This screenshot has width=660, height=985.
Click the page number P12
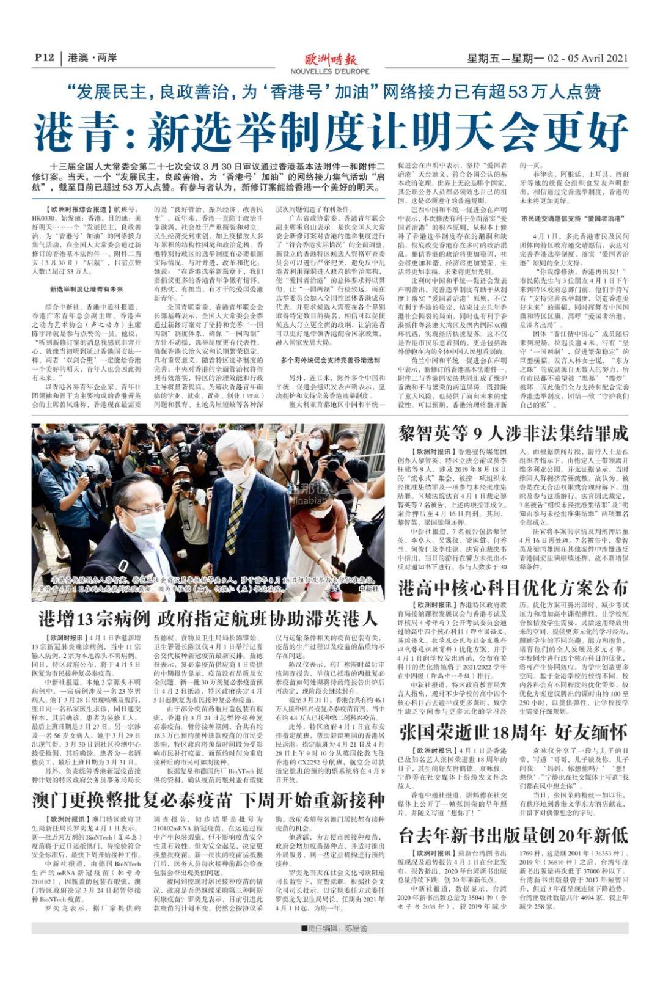(44, 58)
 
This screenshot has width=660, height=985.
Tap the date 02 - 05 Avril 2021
(587, 59)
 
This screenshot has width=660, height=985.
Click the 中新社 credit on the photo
(369, 588)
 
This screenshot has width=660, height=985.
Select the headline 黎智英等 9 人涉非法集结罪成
(513, 434)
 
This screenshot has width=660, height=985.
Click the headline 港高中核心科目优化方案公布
(513, 588)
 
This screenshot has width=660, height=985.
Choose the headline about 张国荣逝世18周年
(513, 731)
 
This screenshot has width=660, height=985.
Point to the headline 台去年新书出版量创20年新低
(513, 834)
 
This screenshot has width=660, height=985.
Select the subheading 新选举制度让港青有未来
(86, 288)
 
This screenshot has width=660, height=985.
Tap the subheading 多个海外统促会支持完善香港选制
(331, 360)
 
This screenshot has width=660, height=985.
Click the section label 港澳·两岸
(93, 58)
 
